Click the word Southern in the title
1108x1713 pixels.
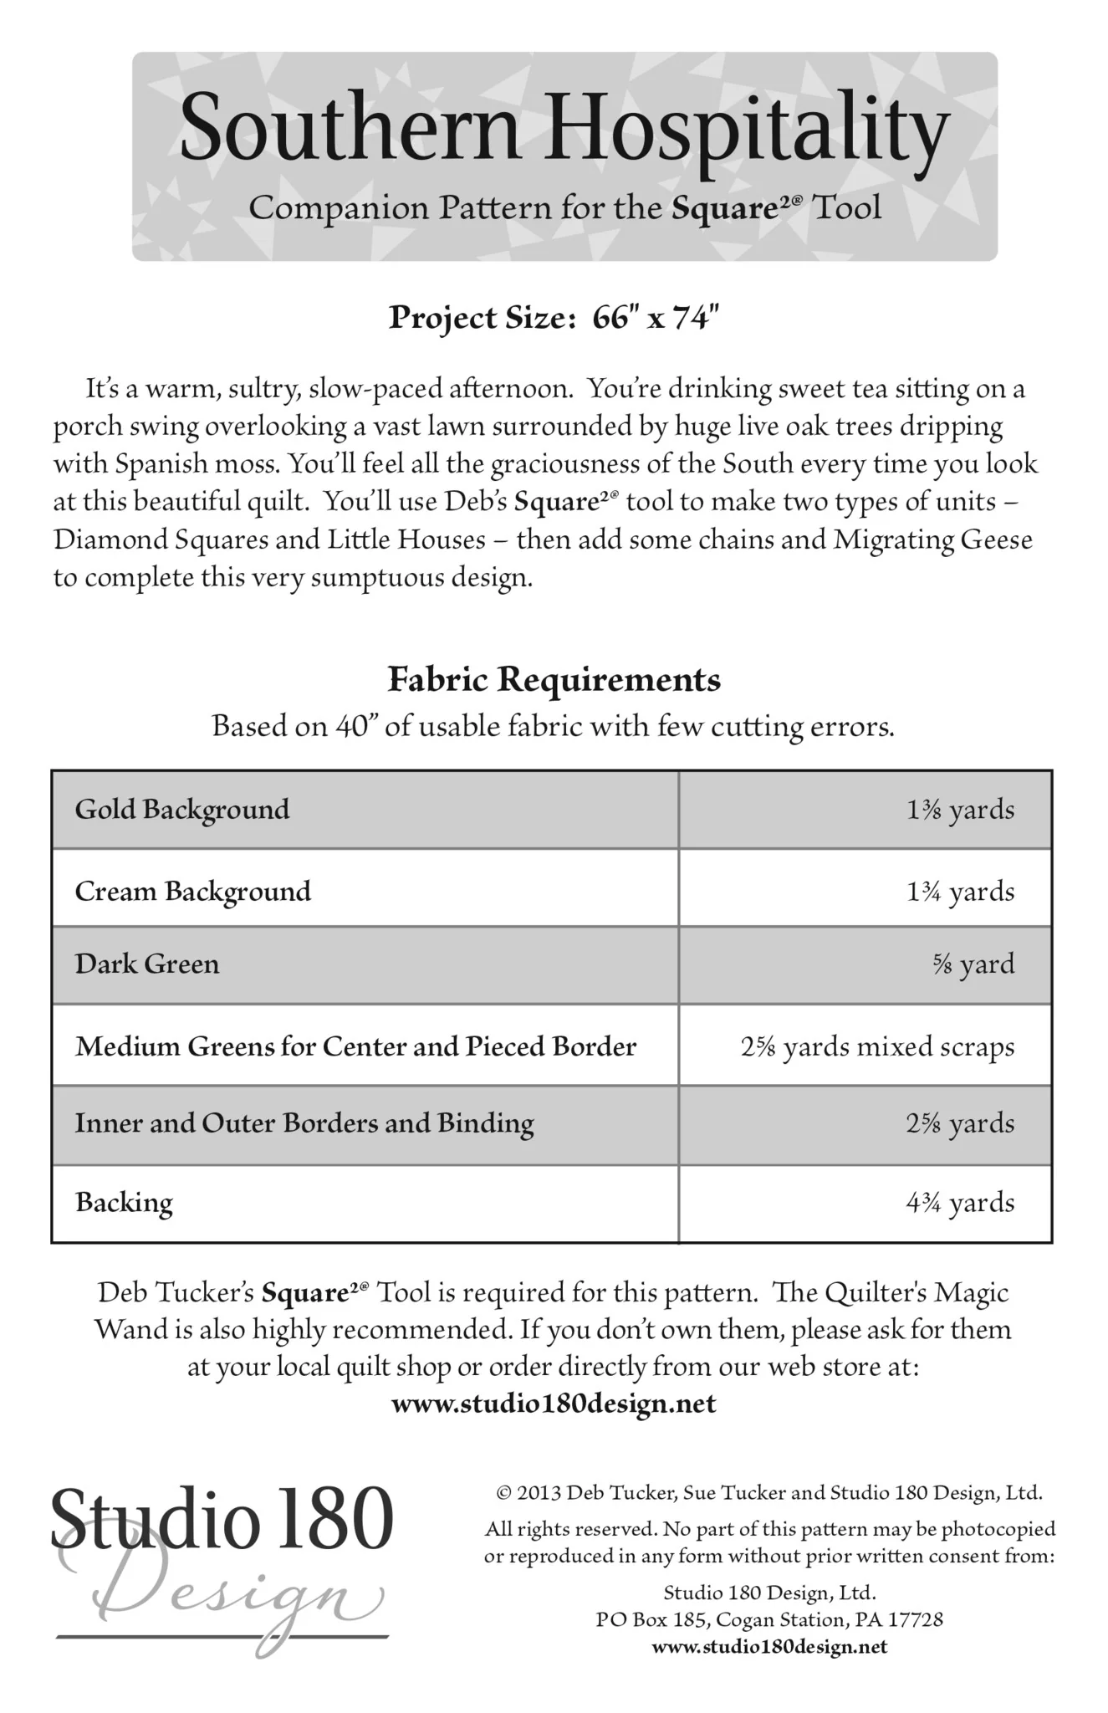[350, 128]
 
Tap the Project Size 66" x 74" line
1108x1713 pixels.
[554, 318]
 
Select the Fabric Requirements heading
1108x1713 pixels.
[554, 679]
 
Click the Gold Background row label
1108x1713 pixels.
[182, 810]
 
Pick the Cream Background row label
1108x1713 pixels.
[193, 891]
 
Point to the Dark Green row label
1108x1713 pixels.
[147, 964]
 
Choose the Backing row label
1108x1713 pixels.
[124, 1203]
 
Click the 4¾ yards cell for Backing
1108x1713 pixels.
[960, 1203]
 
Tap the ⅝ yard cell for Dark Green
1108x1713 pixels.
[973, 964]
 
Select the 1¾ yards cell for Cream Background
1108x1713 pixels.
[960, 892]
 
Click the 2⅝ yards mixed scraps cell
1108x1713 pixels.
[877, 1047]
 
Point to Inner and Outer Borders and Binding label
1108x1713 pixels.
[304, 1123]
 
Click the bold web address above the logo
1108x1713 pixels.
[554, 1404]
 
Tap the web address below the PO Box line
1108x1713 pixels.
[768, 1647]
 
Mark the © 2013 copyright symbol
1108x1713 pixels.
[503, 1493]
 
